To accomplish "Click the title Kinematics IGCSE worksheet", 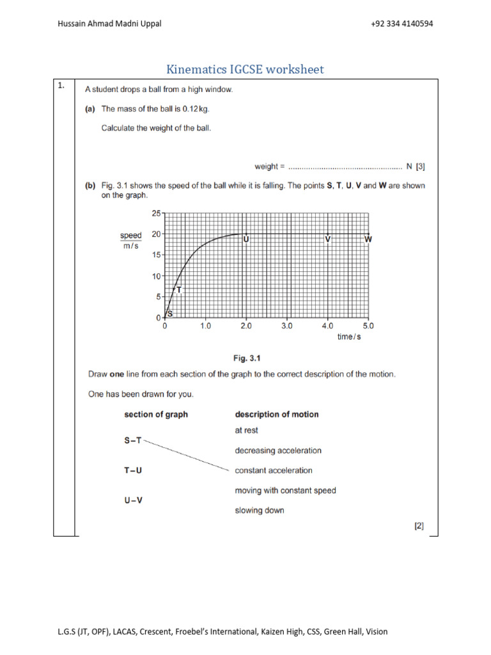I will tap(245, 69).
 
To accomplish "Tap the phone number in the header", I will tap(401, 24).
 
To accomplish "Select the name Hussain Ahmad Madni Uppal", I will tap(109, 24).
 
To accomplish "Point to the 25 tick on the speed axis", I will tap(157, 213).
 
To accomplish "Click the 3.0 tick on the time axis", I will tap(286, 326).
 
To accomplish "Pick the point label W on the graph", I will tap(368, 239).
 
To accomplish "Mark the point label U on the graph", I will tap(246, 239).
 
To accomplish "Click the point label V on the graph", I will tap(328, 239).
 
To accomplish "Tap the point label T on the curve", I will tap(179, 290).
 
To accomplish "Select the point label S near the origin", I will tap(170, 313).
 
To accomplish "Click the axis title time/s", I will tap(349, 336).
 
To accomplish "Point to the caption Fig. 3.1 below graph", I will tap(245, 358).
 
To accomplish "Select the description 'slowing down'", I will tap(260, 510).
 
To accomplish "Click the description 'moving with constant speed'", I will tap(285, 491).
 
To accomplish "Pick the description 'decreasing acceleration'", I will tap(278, 450).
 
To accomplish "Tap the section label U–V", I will tap(134, 500).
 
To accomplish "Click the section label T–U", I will tap(133, 470).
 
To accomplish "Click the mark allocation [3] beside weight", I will tap(420, 167).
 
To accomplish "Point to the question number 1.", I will tap(62, 88).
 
